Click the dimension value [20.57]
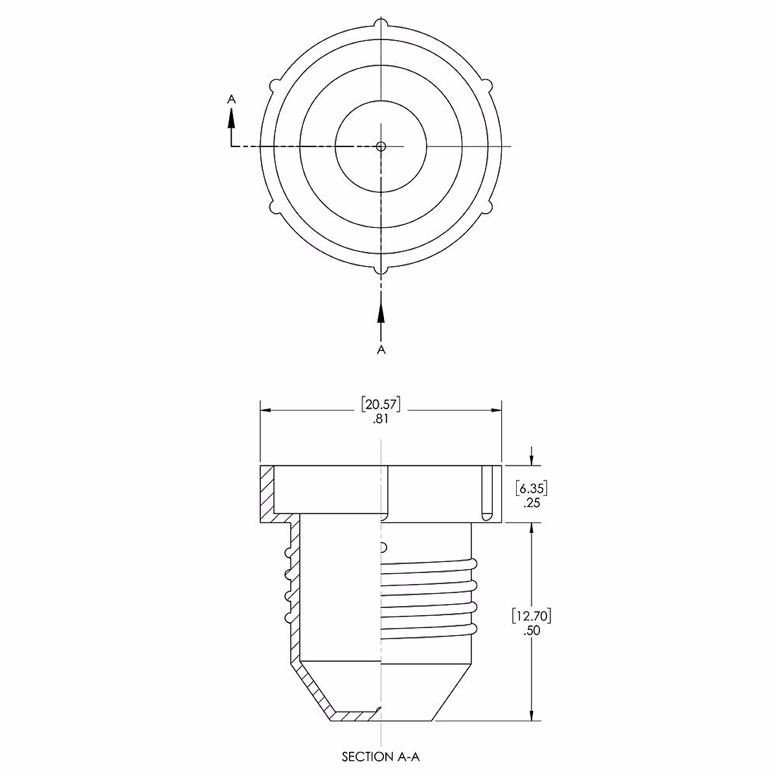[x=381, y=405]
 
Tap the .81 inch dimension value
[x=381, y=420]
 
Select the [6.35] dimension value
[x=532, y=489]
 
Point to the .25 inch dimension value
[x=532, y=503]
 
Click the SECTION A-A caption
[x=381, y=757]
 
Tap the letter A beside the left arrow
[x=231, y=99]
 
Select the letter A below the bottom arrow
[x=381, y=350]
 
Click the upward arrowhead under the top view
[x=381, y=313]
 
